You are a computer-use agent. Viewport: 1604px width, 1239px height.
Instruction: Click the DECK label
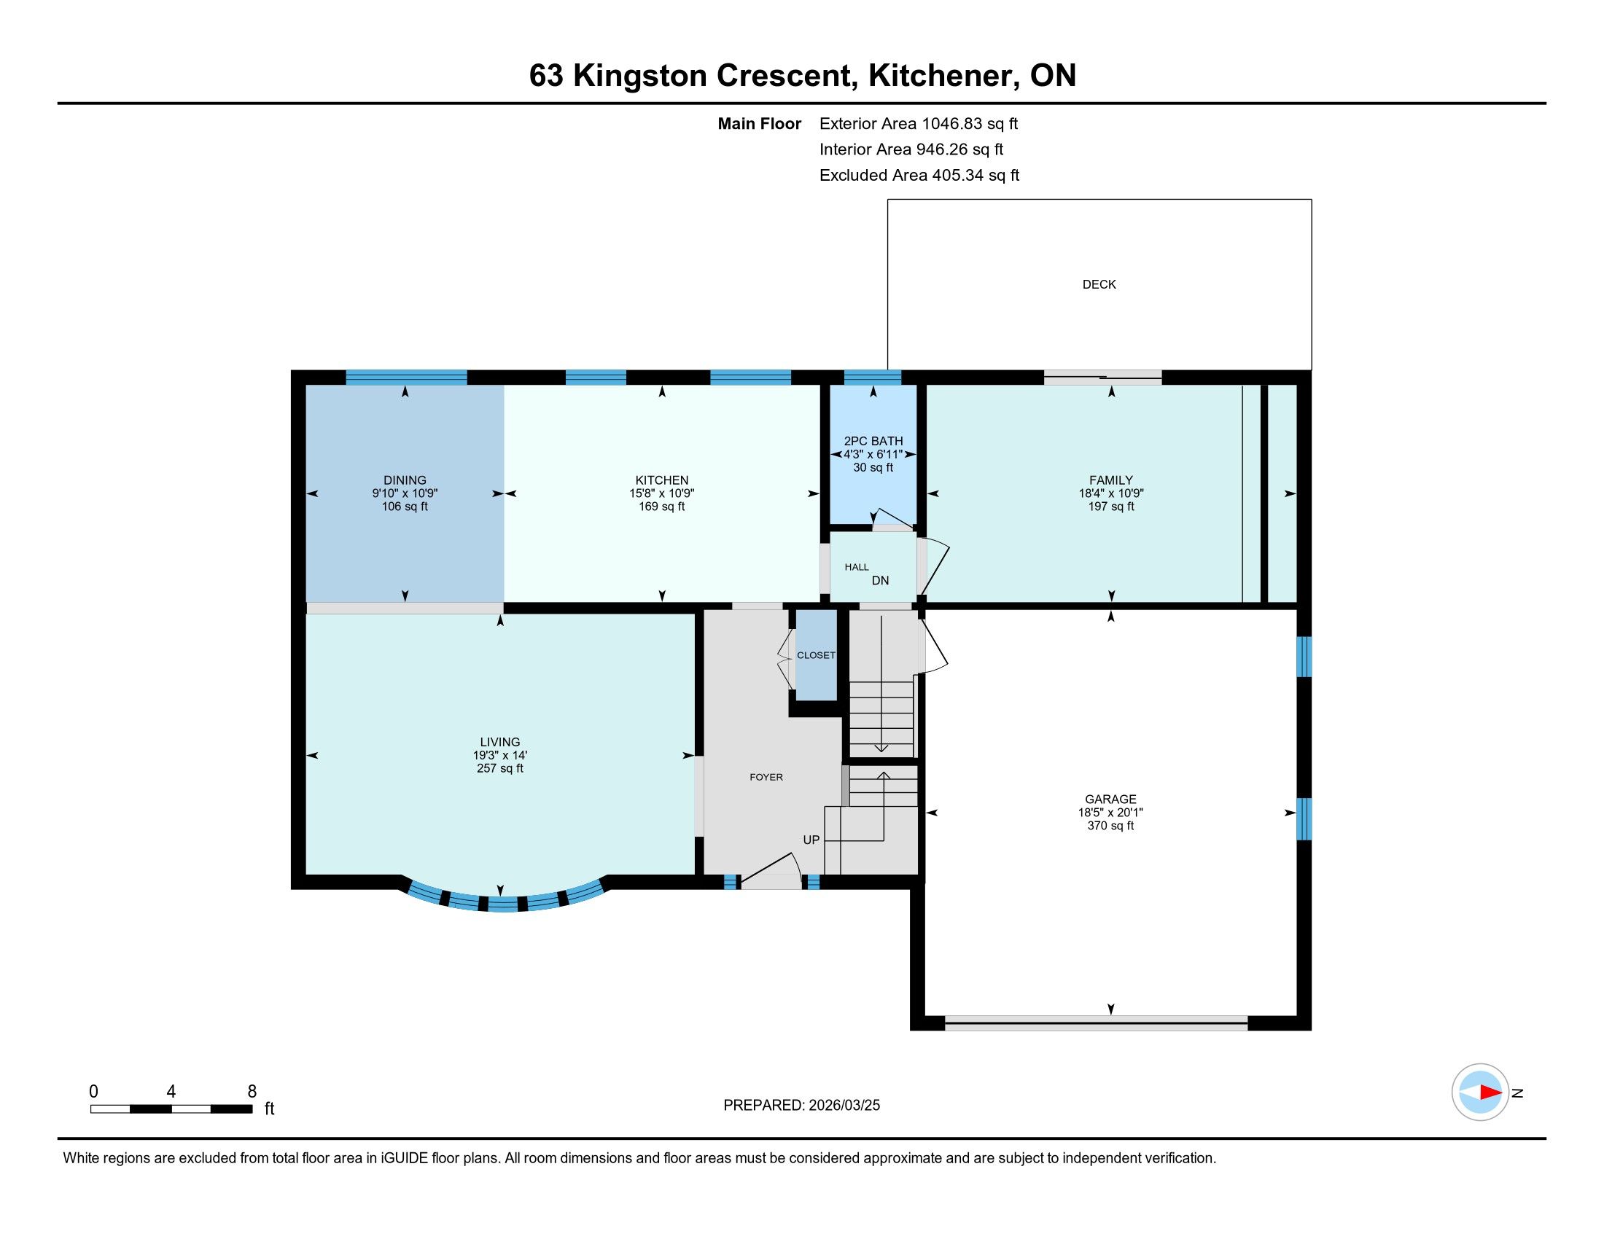[x=1099, y=284]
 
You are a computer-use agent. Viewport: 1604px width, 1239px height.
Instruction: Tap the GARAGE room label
[x=1110, y=800]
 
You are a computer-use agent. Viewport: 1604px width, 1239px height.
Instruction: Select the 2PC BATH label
[x=873, y=441]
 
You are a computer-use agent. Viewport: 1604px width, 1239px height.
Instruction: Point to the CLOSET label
[x=816, y=655]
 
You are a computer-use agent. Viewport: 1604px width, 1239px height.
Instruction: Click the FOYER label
[x=766, y=778]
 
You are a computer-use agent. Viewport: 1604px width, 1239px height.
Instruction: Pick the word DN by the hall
[x=880, y=581]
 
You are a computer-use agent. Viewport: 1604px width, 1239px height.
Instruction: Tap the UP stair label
[x=811, y=840]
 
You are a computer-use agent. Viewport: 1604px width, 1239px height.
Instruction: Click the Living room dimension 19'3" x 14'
[x=500, y=755]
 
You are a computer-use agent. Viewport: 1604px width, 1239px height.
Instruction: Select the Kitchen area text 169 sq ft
[x=662, y=507]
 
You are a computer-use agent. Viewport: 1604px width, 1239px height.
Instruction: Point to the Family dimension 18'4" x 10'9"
[x=1111, y=494]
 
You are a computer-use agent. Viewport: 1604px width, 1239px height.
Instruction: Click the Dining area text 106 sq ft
[x=405, y=507]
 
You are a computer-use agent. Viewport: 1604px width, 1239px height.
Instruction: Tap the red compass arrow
[x=1490, y=1093]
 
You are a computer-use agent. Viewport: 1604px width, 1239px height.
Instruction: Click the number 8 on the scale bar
[x=252, y=1092]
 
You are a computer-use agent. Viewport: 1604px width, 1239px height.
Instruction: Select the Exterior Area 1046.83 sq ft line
[x=919, y=124]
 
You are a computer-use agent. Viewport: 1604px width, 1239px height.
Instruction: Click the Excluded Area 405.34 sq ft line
[x=919, y=176]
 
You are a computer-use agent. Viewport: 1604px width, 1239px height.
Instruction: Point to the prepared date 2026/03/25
[x=844, y=1106]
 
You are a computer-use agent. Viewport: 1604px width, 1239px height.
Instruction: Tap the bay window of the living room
[x=504, y=898]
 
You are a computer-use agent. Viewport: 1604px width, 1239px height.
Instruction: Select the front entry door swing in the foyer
[x=771, y=870]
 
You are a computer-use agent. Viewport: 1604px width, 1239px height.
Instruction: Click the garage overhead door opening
[x=1096, y=1022]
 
